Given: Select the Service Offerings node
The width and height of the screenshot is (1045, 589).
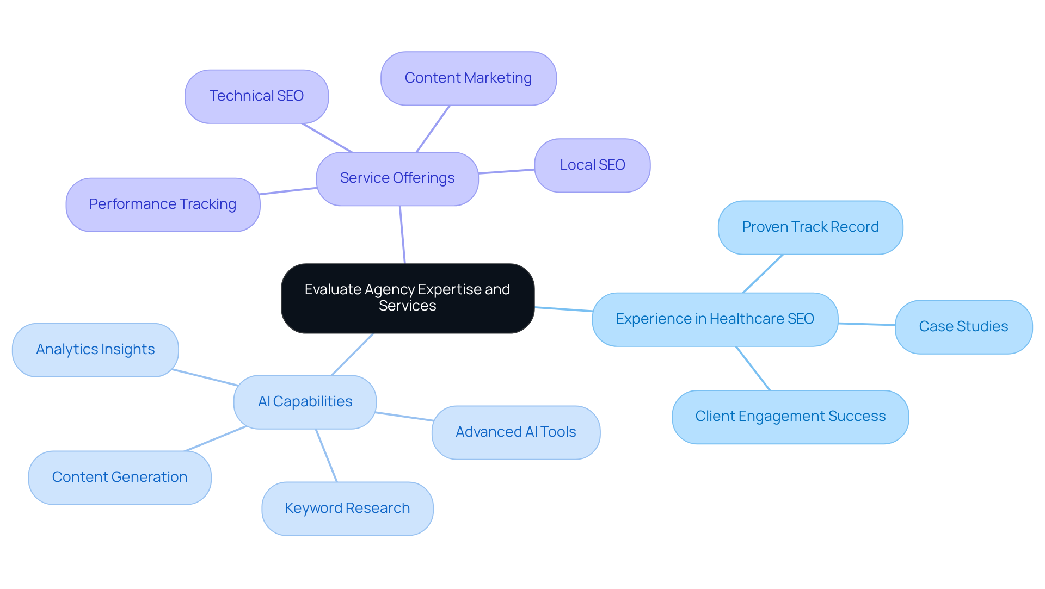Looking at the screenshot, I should pos(397,178).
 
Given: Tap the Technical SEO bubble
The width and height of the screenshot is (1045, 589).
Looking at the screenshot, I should pos(256,96).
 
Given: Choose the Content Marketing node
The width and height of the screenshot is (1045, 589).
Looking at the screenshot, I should pos(468,78).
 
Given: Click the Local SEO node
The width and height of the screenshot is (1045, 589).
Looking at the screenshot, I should pos(592,165).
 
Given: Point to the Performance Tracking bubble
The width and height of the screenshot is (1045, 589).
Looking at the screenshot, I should pos(163,204).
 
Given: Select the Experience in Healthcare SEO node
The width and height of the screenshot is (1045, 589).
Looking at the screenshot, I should pos(715,319).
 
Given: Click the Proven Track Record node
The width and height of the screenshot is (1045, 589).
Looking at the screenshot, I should pos(810,227).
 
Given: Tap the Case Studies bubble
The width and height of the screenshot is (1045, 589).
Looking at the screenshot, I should pos(963,326).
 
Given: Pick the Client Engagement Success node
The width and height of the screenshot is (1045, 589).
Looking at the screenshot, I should pos(790,417).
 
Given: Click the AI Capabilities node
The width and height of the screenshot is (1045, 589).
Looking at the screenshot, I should pos(305,402).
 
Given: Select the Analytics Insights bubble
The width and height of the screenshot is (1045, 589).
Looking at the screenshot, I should pos(95,350).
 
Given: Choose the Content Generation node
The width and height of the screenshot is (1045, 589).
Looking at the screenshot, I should pos(120,478).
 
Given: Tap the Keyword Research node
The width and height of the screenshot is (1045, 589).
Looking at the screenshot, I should pos(347,509).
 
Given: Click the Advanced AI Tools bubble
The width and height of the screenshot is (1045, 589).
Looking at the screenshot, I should pos(515,432).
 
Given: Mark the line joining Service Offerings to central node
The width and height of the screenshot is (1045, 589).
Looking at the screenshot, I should pos(402,234).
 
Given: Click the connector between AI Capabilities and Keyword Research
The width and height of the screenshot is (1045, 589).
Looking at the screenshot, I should pos(327,456).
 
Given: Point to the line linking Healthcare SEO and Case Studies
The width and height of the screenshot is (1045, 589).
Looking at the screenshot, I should pos(866,324).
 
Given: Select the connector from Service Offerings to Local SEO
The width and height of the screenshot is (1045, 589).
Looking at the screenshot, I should pos(506,171).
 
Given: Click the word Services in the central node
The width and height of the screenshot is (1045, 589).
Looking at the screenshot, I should pos(407,306).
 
